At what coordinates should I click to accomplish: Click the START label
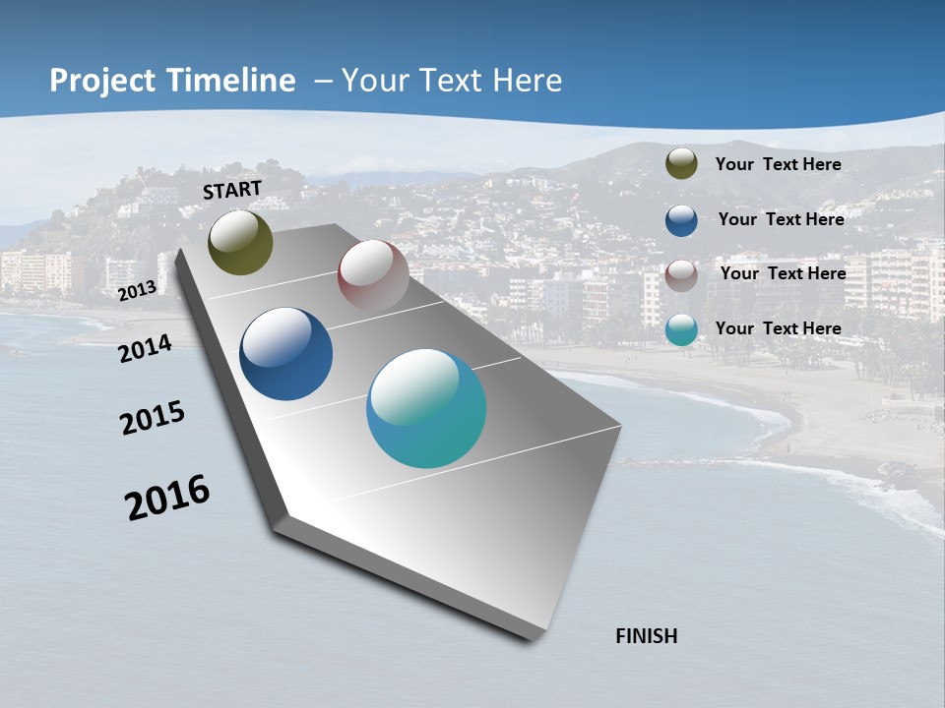[232, 190]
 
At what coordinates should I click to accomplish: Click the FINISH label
[646, 636]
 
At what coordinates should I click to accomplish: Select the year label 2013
[138, 290]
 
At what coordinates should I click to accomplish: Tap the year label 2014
[146, 348]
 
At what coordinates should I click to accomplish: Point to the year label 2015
[153, 418]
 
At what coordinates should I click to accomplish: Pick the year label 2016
[167, 498]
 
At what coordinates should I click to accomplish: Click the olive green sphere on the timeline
[240, 243]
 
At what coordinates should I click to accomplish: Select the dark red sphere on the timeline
[373, 274]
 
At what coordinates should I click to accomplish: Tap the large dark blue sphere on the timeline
[285, 354]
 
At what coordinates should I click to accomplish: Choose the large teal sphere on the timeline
[426, 408]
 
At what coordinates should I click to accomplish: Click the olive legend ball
[681, 164]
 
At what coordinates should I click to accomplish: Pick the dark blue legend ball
[681, 220]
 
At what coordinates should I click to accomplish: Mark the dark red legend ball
[681, 275]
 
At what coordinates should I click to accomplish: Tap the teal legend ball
[681, 329]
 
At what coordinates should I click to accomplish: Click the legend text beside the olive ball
[778, 164]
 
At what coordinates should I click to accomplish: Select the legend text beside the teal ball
[778, 328]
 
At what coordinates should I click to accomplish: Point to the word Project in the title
[103, 81]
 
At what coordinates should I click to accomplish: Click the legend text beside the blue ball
[781, 219]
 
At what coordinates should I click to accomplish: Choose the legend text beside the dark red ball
[783, 273]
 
